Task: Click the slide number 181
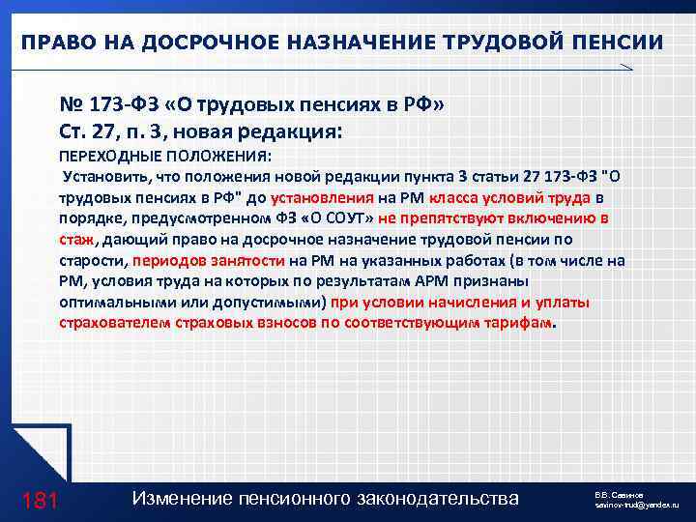click(x=40, y=500)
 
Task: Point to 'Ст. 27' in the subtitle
click(x=84, y=130)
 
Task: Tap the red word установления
click(x=316, y=197)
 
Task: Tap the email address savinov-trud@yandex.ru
click(x=638, y=506)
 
